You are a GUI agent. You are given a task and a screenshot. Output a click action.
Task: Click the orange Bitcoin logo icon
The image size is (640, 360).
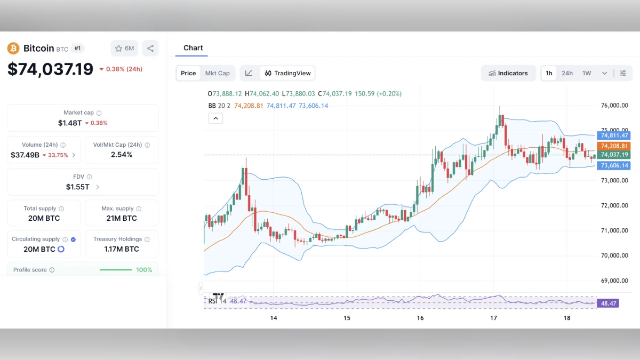13,49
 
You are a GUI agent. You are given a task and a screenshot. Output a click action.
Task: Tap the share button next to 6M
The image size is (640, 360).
150,49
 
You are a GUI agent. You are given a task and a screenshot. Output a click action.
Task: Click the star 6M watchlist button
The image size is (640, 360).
124,49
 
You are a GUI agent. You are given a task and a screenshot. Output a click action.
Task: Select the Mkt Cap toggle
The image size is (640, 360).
217,73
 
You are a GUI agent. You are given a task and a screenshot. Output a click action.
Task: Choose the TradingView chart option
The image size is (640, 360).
287,73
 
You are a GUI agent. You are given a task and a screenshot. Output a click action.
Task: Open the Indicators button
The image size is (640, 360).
508,73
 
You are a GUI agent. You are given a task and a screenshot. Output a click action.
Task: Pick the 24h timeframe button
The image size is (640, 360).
567,73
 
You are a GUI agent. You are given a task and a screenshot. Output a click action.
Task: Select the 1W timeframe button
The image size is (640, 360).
587,73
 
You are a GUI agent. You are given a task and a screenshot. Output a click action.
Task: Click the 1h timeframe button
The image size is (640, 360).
549,73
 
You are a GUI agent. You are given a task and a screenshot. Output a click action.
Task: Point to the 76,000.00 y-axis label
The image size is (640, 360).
614,106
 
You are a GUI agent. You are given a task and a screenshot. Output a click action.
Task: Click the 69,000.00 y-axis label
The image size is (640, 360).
614,281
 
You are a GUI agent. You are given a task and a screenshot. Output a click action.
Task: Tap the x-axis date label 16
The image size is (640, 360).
420,318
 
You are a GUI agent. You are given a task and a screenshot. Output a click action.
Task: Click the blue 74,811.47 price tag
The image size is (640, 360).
615,135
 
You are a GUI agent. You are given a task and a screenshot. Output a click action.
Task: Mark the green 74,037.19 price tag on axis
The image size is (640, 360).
615,155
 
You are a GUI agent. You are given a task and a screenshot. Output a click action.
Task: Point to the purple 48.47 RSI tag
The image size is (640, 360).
609,303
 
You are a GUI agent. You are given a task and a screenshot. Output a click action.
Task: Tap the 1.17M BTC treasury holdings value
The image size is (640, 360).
121,249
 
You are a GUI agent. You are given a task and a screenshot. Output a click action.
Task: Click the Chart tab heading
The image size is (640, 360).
193,48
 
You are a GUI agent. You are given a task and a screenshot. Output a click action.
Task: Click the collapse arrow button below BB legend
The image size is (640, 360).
215,118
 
